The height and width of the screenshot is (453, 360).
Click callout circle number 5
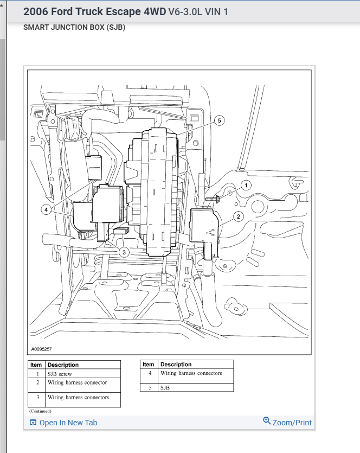[x=219, y=120]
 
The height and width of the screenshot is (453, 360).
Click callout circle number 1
[x=246, y=186]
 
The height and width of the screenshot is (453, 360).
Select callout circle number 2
[x=239, y=216]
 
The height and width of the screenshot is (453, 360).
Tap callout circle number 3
[x=124, y=252]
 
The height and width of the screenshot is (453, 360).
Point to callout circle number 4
[x=46, y=209]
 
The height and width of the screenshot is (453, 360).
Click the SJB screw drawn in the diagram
[x=212, y=199]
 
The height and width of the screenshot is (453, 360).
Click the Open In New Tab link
[x=68, y=423]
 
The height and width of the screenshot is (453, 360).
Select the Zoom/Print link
[x=292, y=423]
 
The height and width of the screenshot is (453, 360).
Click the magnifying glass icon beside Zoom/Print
[x=267, y=421]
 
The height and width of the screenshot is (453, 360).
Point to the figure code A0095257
[x=42, y=349]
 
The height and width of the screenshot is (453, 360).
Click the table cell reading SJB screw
[x=60, y=374]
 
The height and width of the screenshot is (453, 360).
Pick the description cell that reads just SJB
[x=165, y=388]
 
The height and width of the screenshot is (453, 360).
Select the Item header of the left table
[x=36, y=365]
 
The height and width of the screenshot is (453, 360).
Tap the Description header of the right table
[x=176, y=365]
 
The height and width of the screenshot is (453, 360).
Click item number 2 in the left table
[x=37, y=382]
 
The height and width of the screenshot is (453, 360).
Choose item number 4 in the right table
[x=150, y=373]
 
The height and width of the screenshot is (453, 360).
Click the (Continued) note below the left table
[x=40, y=411]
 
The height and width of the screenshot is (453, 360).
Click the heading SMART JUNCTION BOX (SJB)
[x=74, y=28]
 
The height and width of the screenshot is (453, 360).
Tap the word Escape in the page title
[x=124, y=11]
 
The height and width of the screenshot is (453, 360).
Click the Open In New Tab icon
[x=33, y=423]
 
